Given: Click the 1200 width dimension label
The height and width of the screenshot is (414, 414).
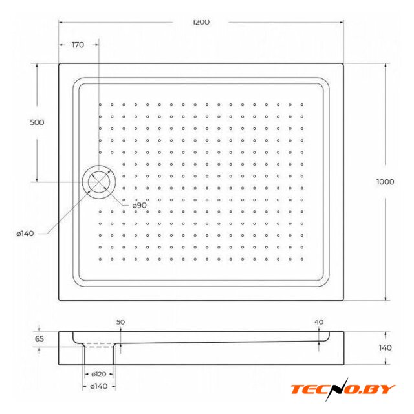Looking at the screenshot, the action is click(x=201, y=22).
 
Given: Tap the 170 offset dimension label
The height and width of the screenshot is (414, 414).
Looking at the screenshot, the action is click(x=78, y=45).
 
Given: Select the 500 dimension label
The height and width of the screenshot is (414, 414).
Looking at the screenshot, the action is click(x=37, y=122).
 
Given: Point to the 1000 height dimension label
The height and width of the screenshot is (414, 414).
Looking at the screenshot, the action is click(x=385, y=182).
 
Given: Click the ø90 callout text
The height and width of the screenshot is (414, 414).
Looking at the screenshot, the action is click(x=140, y=205).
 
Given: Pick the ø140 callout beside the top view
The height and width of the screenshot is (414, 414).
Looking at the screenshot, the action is click(x=25, y=234).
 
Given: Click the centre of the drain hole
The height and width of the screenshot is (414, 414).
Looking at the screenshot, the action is click(x=99, y=182).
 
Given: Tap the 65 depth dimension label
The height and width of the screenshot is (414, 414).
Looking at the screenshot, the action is click(x=39, y=339).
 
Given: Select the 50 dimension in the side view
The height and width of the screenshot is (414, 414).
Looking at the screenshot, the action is click(x=120, y=322).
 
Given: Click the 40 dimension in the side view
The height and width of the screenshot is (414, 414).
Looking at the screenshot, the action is click(x=319, y=322).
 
